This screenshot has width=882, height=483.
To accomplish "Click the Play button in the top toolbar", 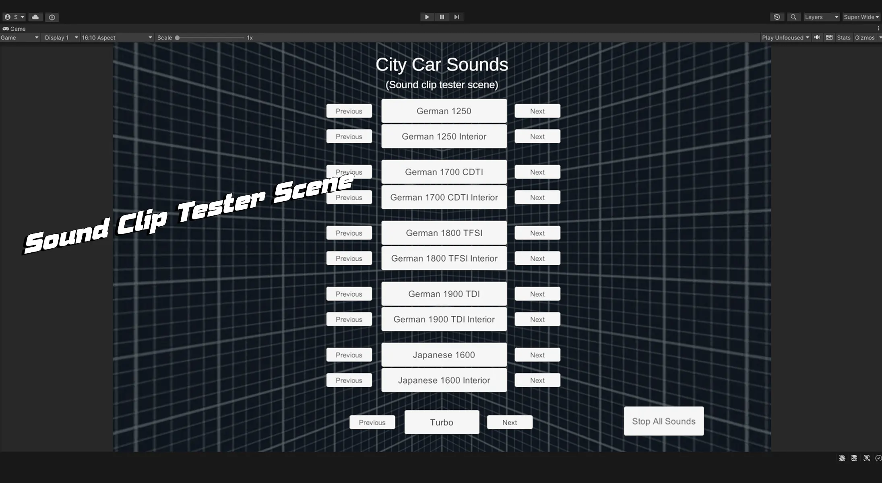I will (427, 17).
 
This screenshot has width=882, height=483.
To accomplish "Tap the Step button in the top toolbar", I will (456, 17).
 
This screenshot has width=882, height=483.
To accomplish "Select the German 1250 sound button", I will (444, 111).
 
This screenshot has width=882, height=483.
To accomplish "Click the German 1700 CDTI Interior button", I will (444, 197).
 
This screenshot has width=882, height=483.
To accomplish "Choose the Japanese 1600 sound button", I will (444, 355).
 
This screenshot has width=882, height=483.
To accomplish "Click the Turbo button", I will (442, 422).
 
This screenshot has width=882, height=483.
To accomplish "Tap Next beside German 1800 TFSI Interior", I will (537, 258).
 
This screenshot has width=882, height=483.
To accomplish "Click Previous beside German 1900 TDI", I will (349, 294).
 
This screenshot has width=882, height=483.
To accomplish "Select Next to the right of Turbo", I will (509, 422).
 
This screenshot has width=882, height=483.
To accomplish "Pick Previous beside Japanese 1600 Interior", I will (349, 380).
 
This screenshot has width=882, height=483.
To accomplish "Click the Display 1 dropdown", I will (61, 37).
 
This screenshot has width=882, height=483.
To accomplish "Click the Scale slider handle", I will (177, 37).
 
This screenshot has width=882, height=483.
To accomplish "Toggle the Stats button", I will (843, 37).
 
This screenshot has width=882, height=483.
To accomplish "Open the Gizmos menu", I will (866, 37).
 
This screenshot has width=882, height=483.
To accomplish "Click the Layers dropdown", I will (821, 17).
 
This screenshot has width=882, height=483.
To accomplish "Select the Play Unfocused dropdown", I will (785, 37).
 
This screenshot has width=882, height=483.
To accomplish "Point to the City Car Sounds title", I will (442, 64).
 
